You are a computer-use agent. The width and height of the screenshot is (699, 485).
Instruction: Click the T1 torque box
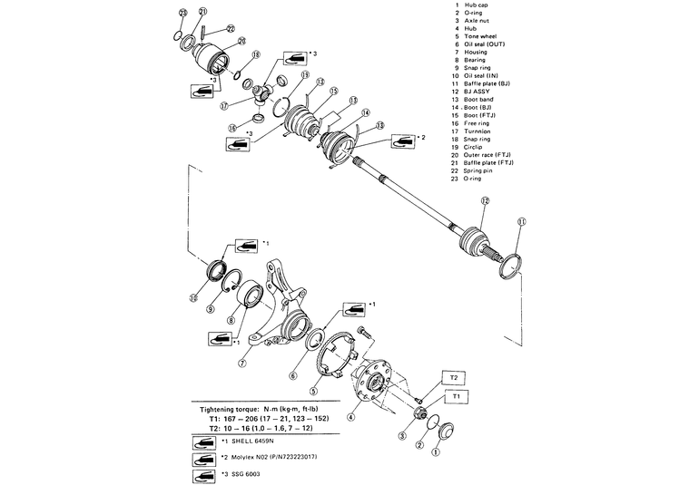pyautogui.click(x=457, y=395)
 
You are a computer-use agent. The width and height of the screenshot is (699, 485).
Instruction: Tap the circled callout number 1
pyautogui.click(x=436, y=451)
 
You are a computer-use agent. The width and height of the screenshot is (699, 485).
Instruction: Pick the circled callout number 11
pyautogui.click(x=521, y=221)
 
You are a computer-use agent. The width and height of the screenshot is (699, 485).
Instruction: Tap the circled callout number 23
pyautogui.click(x=183, y=12)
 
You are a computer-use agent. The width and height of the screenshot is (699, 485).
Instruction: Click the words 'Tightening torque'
pyautogui.click(x=232, y=410)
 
